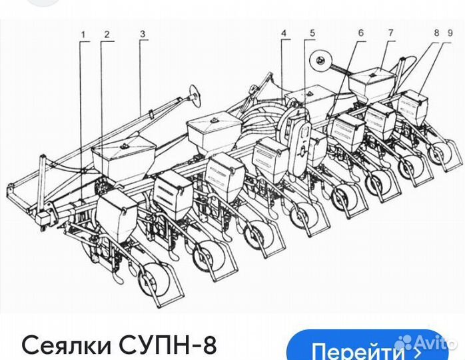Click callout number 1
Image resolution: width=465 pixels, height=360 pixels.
[x=83, y=33]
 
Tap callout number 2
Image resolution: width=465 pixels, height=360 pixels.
[x=106, y=33]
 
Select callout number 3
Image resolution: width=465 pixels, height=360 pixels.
[x=142, y=33]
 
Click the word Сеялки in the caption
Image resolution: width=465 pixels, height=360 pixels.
[x=65, y=346]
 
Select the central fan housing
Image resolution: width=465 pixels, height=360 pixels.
[x=300, y=137]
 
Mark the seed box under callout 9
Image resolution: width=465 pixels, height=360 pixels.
[x=414, y=107]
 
